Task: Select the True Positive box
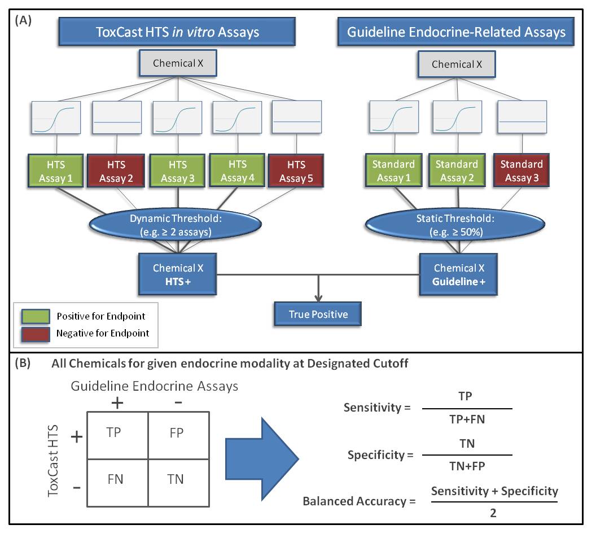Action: click(x=317, y=314)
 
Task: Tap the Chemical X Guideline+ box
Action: click(x=458, y=274)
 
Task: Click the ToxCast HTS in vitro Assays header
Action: click(x=178, y=32)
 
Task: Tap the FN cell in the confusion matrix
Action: click(x=116, y=479)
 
